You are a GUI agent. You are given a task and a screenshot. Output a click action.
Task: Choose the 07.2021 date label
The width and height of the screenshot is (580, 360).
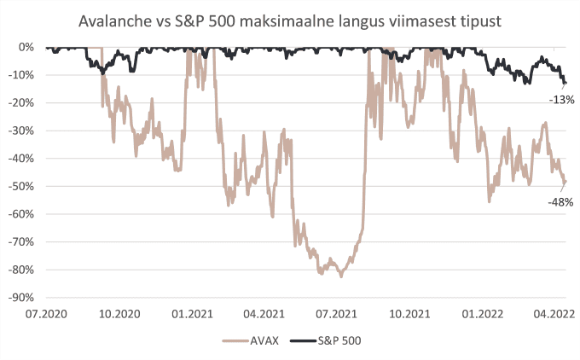click(x=336, y=314)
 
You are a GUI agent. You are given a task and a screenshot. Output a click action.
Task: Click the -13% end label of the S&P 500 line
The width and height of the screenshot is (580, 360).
click(x=560, y=100)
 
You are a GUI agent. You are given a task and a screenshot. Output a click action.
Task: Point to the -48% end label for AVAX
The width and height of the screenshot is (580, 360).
click(x=560, y=202)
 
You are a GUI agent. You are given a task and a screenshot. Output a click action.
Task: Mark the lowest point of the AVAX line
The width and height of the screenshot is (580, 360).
click(x=341, y=276)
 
